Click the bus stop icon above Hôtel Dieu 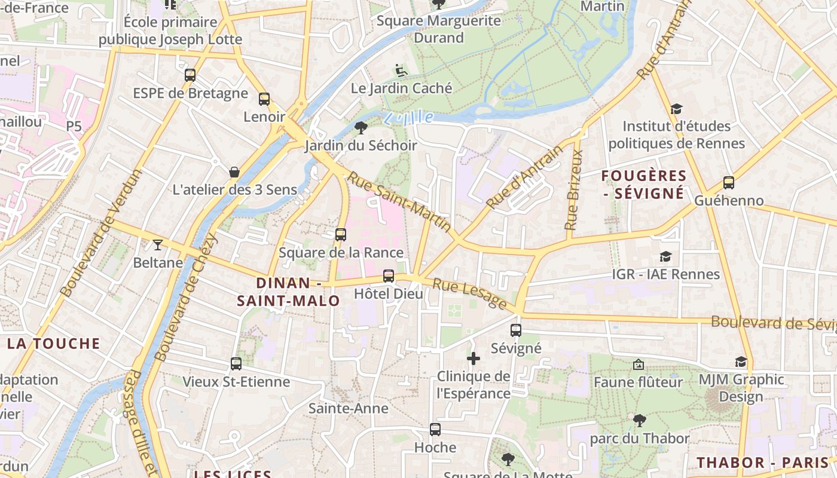point(389,275)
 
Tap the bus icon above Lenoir point(264,99)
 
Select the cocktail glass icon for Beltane point(157,244)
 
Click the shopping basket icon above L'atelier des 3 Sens point(234,172)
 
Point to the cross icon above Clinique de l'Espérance point(474,358)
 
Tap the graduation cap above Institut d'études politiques point(676,109)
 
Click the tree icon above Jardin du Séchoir point(361,127)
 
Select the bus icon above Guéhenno point(728,183)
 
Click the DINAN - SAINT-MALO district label point(289,292)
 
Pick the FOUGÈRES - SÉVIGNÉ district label point(643,184)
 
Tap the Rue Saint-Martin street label point(401,202)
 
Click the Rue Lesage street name point(469,294)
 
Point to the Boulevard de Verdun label point(102,233)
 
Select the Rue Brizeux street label point(575,190)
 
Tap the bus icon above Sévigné point(516,330)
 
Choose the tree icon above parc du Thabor point(639,421)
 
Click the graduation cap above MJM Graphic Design point(741,361)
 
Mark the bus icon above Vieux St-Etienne point(236,363)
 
